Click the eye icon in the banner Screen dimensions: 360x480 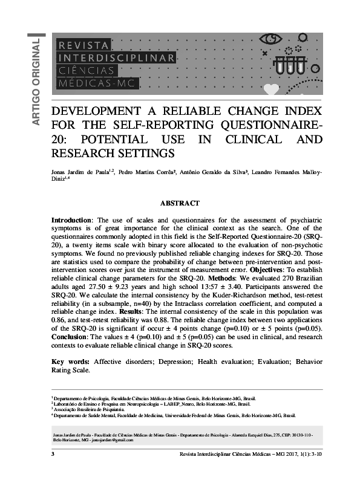[x=270, y=41]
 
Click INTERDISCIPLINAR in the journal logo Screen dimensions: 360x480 [x=115, y=57]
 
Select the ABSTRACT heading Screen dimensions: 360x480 [x=180, y=204]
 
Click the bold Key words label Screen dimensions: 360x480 [x=70, y=362]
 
